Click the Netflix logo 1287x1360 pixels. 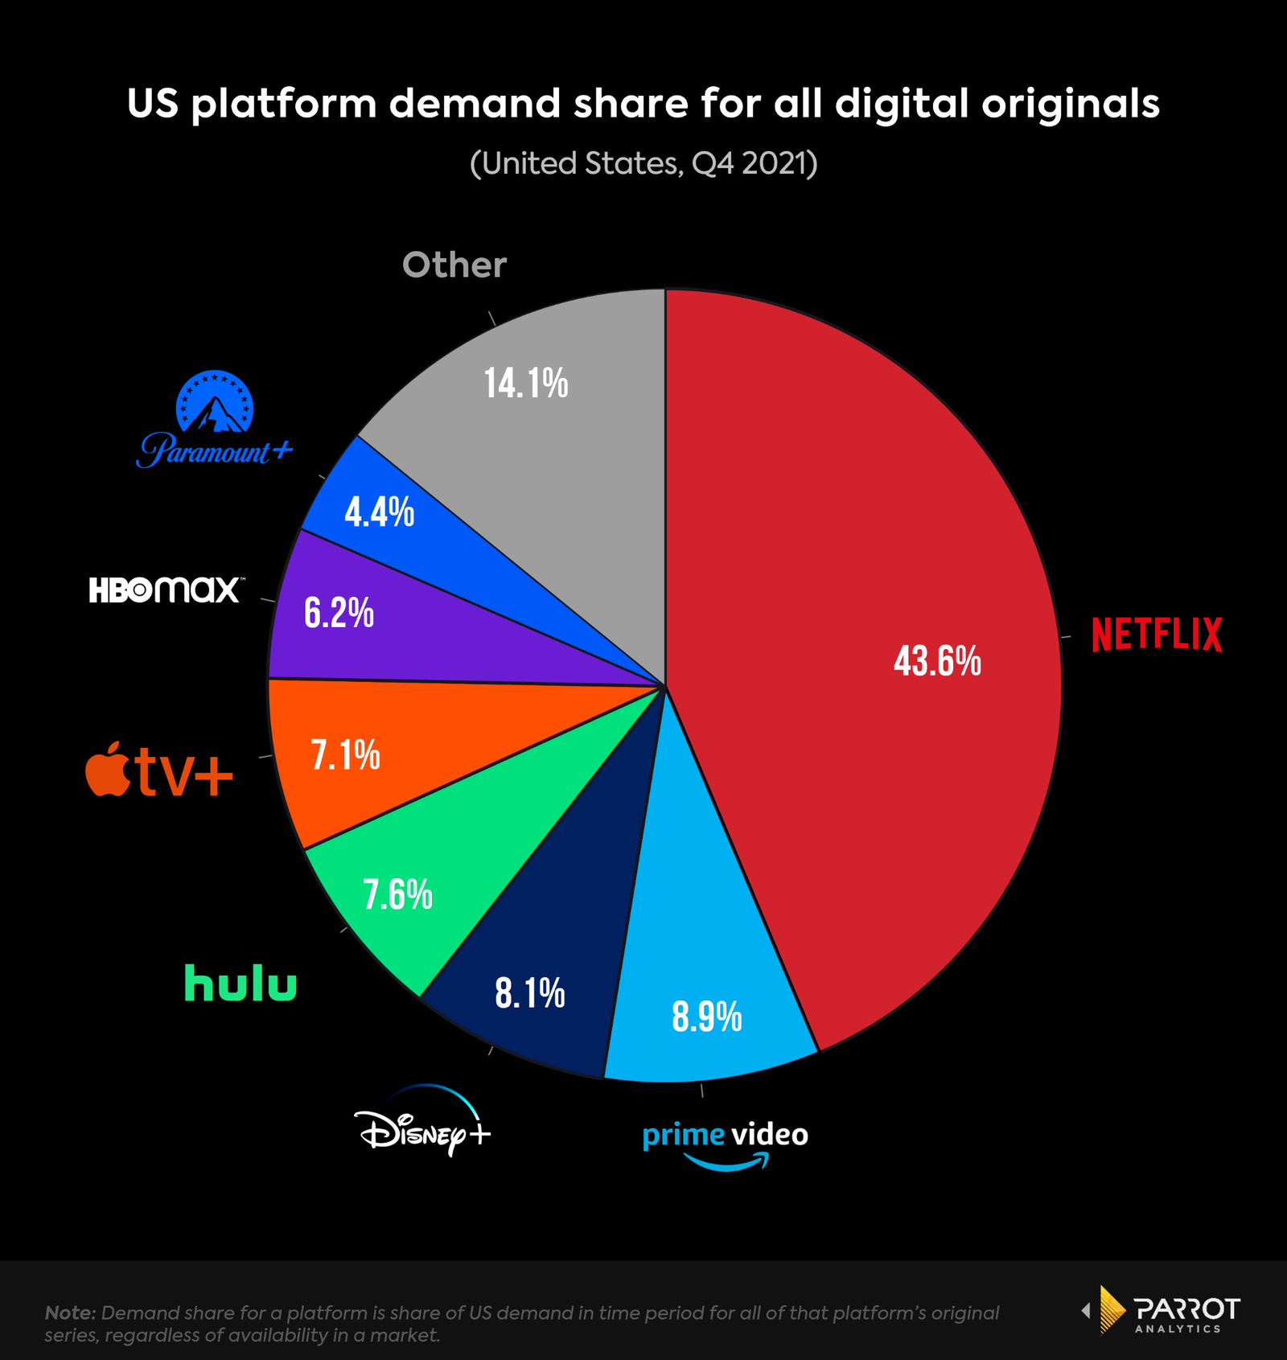(1157, 634)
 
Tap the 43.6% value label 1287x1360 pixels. (937, 661)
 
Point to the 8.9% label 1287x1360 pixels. (706, 1017)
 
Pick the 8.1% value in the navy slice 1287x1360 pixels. (529, 994)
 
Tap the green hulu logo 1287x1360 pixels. (241, 984)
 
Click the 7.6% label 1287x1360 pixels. (397, 894)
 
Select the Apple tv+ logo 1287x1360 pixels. (159, 770)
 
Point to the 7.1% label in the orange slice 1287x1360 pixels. (345, 755)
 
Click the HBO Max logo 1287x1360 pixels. (165, 590)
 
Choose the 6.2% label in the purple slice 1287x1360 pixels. (339, 613)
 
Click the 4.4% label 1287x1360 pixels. (379, 512)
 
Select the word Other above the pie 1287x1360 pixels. (454, 265)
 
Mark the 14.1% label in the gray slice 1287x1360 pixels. (526, 383)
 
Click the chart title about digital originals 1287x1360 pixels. (643, 104)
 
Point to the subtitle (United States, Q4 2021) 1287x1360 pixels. (643, 163)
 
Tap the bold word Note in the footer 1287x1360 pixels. (70, 1313)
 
